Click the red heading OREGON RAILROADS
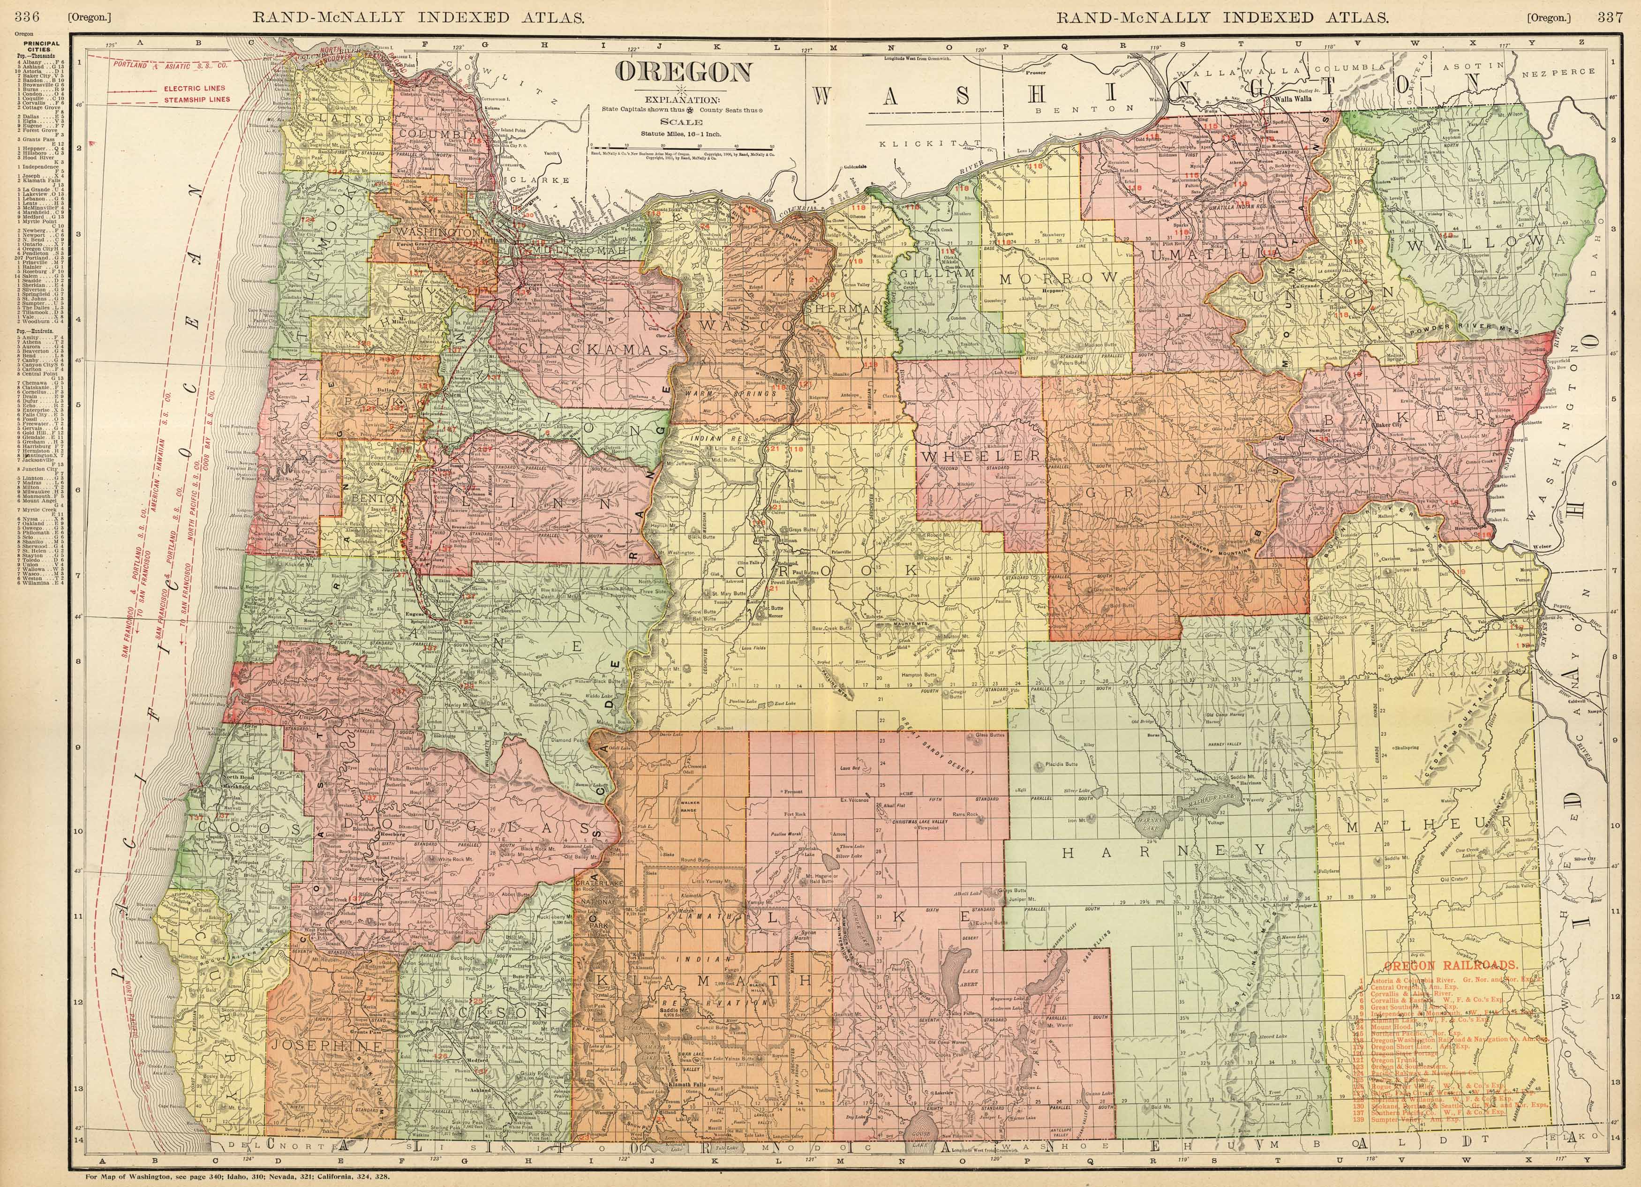click(1441, 966)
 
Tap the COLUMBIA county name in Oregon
click(438, 135)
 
